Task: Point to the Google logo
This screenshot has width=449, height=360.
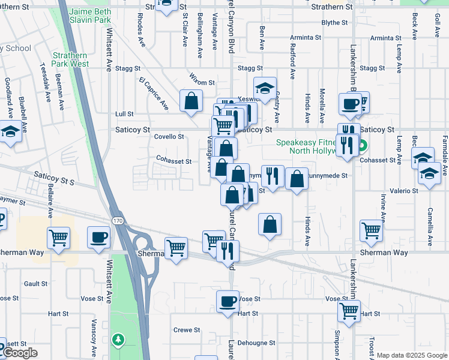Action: tap(19, 353)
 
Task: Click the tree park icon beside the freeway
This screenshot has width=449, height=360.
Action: tap(118, 340)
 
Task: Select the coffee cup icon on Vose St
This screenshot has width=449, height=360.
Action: tap(228, 301)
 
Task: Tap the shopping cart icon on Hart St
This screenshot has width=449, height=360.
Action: tap(349, 311)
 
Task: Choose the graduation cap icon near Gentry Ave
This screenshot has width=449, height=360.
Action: tap(264, 88)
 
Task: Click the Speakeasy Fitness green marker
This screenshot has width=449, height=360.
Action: tap(363, 145)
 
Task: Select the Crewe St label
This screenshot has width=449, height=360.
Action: tap(187, 330)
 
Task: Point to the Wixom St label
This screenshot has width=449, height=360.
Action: tap(202, 82)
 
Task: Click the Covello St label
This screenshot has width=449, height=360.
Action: tap(169, 137)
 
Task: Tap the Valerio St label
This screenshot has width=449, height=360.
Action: tap(406, 191)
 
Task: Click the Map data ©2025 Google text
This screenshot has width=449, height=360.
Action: tap(411, 355)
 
